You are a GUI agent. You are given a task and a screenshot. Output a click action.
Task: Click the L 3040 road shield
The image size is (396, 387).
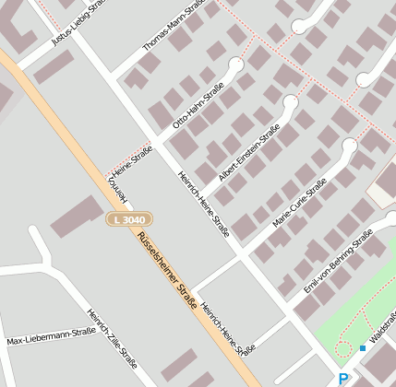(x=127, y=219)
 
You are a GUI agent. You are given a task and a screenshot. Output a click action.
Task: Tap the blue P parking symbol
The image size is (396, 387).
(x=343, y=379)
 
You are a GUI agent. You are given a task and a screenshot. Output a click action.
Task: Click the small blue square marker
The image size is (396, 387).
(x=363, y=348)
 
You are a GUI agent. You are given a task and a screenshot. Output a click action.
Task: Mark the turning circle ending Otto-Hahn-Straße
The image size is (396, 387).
(x=236, y=66)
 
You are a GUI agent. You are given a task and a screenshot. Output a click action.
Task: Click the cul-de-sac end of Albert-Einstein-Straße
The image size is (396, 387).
(x=291, y=102)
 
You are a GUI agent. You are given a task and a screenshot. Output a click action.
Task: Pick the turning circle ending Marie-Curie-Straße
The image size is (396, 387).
(x=349, y=146)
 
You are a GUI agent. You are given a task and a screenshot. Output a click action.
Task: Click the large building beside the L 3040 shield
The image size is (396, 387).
(x=78, y=217)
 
